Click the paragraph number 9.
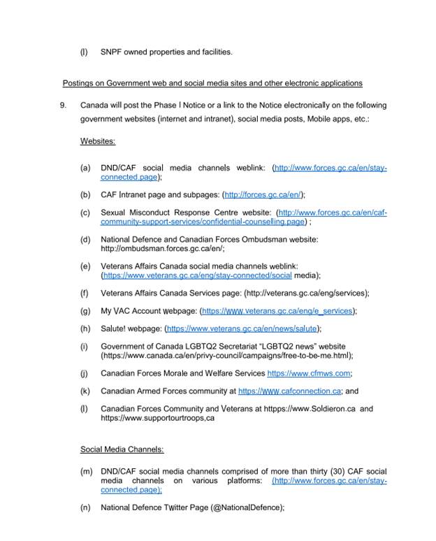point(63,106)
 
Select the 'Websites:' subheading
point(97,141)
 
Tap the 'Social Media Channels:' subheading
point(122,449)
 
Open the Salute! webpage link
point(242,329)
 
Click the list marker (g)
point(85,311)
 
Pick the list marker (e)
point(85,266)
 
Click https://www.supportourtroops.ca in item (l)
point(157,418)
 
